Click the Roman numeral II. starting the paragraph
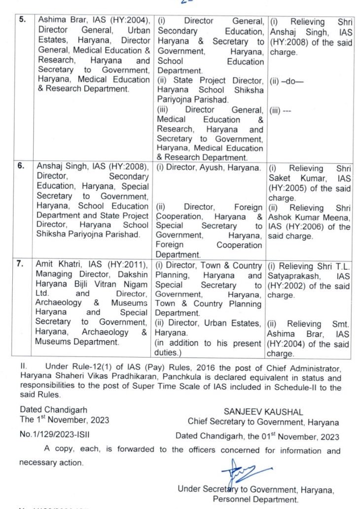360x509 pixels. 23,368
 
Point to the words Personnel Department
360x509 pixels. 255,499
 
